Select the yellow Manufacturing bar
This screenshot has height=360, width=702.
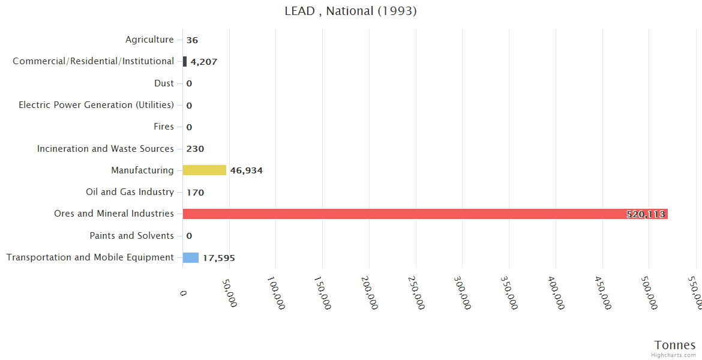pyautogui.click(x=205, y=170)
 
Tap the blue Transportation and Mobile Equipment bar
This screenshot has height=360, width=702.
pyautogui.click(x=191, y=257)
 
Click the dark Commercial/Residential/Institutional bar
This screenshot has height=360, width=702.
pyautogui.click(x=185, y=61)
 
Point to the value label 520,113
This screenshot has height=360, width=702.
pyautogui.click(x=646, y=214)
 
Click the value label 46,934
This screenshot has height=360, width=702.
pyautogui.click(x=246, y=170)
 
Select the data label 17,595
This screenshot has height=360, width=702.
pyautogui.click(x=218, y=258)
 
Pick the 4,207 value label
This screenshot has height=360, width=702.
pyautogui.click(x=204, y=62)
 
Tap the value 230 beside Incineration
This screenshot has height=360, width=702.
pyautogui.click(x=195, y=149)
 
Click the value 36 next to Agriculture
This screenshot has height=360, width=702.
pyautogui.click(x=192, y=40)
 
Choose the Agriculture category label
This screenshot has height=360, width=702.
pyautogui.click(x=149, y=40)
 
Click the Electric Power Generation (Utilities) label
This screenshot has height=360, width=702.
pyautogui.click(x=96, y=105)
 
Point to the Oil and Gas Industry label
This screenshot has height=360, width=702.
pyautogui.click(x=130, y=192)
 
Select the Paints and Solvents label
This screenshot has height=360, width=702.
pyautogui.click(x=131, y=236)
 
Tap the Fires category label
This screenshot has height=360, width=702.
pyautogui.click(x=164, y=127)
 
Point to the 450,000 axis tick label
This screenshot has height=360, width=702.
pyautogui.click(x=601, y=293)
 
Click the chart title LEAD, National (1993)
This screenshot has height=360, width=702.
pyautogui.click(x=350, y=11)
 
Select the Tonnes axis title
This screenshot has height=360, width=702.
pyautogui.click(x=674, y=345)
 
